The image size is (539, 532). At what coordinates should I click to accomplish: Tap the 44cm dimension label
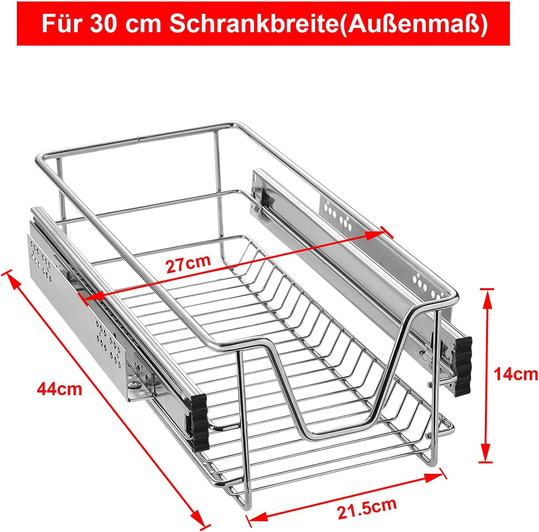tap(59, 389)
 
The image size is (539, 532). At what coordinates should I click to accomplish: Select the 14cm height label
tap(516, 374)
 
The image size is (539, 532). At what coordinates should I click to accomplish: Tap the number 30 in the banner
tap(103, 24)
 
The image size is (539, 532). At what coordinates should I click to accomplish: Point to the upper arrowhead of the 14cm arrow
tap(487, 299)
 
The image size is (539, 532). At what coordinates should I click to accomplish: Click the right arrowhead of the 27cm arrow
tap(374, 235)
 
